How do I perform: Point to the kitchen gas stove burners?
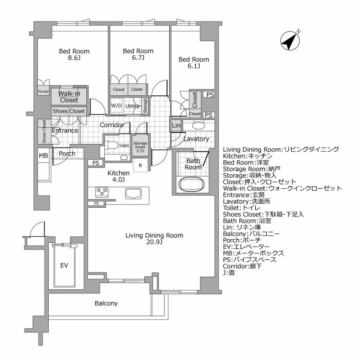(102, 191)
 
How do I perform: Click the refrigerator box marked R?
(141, 166)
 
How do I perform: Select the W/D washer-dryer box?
(116, 106)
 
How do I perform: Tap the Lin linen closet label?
(176, 126)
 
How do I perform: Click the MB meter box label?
(43, 156)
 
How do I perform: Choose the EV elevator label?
(64, 265)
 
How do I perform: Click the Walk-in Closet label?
(69, 97)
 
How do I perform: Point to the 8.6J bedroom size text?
(74, 58)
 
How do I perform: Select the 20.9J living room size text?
(154, 242)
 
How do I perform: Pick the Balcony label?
(106, 303)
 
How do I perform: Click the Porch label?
(67, 154)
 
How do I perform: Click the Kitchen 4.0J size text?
(118, 180)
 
